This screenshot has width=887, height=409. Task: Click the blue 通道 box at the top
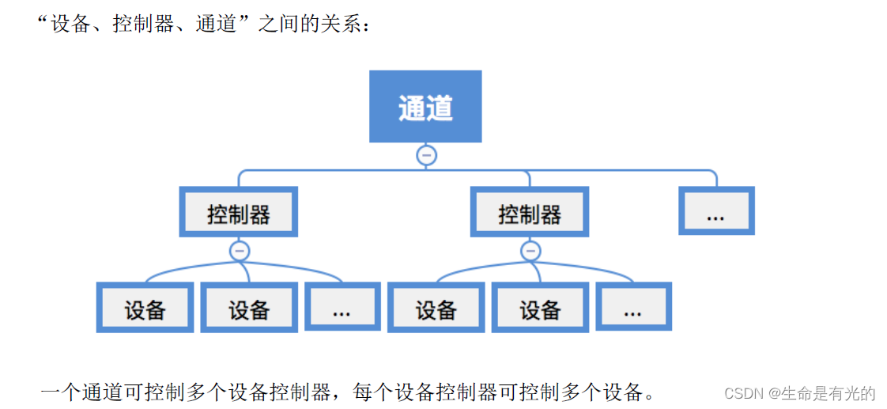(425, 107)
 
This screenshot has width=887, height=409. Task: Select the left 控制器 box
(239, 212)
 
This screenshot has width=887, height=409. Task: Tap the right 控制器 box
(529, 212)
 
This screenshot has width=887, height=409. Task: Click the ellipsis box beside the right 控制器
(716, 211)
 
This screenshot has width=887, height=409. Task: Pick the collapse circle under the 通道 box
(427, 155)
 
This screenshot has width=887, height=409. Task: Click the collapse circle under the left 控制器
(240, 252)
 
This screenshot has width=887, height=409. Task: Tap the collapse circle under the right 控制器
(530, 252)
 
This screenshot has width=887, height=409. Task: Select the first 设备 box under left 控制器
(145, 307)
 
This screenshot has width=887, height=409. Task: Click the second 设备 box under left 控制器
(249, 307)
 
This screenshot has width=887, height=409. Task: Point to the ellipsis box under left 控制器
(342, 307)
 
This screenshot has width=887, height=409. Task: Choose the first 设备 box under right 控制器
(436, 307)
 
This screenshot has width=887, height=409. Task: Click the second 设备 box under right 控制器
(540, 307)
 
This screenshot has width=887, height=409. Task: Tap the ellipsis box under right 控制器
(632, 307)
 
